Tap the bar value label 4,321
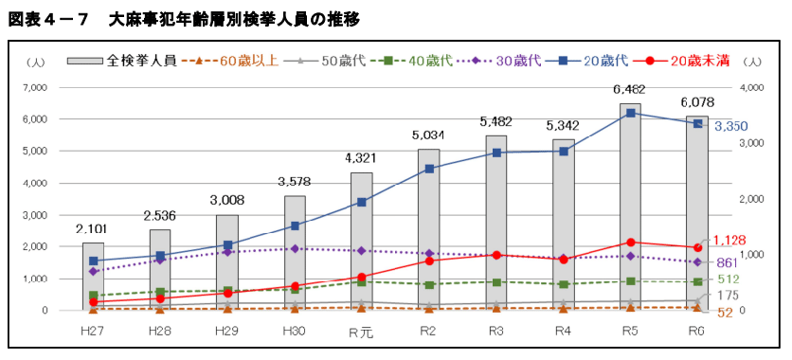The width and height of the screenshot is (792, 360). coord(361,157)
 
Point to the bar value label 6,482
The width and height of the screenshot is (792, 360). coord(629,89)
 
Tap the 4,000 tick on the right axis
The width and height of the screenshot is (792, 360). coord(751,87)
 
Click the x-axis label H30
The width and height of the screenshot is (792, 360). coord(295,331)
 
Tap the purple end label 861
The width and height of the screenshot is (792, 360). coord(728,261)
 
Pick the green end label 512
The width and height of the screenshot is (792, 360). coord(728,279)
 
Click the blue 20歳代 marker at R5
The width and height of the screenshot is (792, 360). coord(629,113)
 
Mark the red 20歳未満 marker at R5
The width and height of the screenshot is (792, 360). coord(629,243)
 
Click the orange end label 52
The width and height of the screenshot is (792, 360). coord(724,314)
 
